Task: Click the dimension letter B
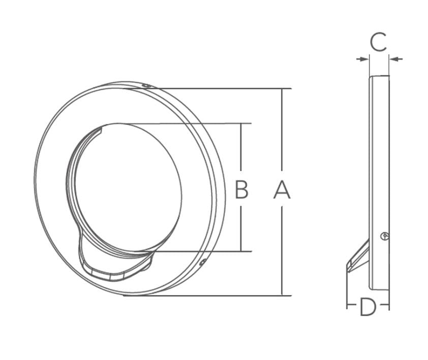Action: click(241, 189)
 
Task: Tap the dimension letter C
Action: click(378, 42)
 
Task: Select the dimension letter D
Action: click(368, 307)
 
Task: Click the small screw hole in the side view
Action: click(385, 236)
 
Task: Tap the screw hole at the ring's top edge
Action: click(146, 86)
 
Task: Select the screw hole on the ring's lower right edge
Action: click(202, 263)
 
